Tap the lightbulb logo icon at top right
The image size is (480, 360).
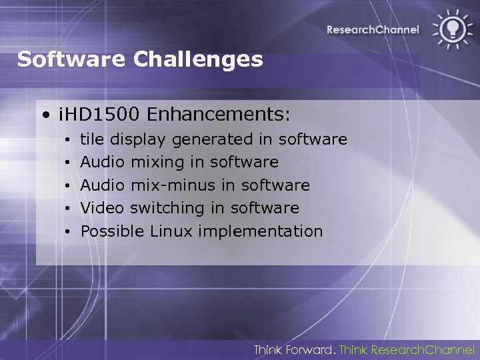tap(450, 29)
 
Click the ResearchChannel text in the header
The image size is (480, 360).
tap(373, 29)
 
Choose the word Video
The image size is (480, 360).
tap(102, 208)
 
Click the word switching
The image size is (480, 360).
tap(167, 208)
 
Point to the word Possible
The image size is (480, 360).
tap(112, 231)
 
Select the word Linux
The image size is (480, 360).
tap(171, 231)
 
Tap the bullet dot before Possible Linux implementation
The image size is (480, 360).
tap(69, 232)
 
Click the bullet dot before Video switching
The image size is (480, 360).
tap(69, 209)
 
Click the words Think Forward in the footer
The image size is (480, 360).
tap(294, 349)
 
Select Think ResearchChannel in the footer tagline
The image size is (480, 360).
tap(407, 349)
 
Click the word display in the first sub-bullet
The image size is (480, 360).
tap(139, 139)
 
